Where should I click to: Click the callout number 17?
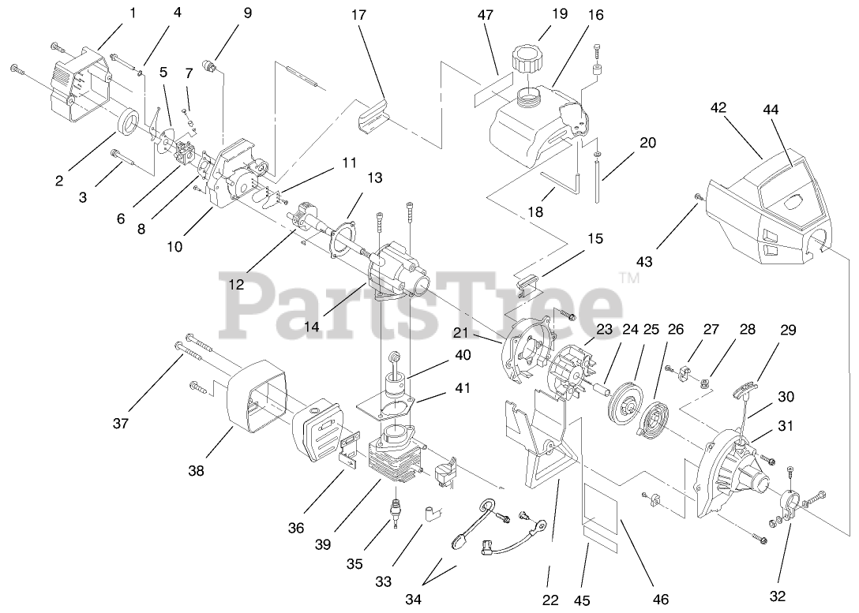[x=359, y=15]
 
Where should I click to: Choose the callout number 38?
[x=196, y=471]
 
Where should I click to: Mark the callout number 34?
[x=413, y=599]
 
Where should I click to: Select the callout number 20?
[x=648, y=143]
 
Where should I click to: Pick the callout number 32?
[x=777, y=596]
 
